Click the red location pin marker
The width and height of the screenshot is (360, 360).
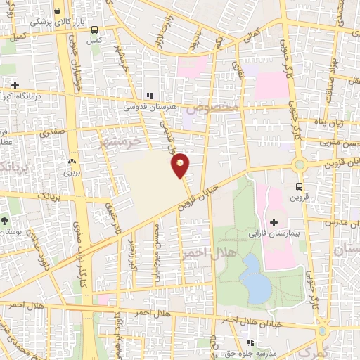[181, 165]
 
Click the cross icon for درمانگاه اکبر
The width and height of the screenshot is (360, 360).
[15, 84]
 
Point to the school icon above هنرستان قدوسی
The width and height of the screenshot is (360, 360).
[149, 96]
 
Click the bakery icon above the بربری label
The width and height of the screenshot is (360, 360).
[72, 160]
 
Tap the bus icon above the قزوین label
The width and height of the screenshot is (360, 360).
[300, 187]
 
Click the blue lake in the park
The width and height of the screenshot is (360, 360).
[252, 278]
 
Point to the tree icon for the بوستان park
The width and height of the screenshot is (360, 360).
[6, 221]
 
